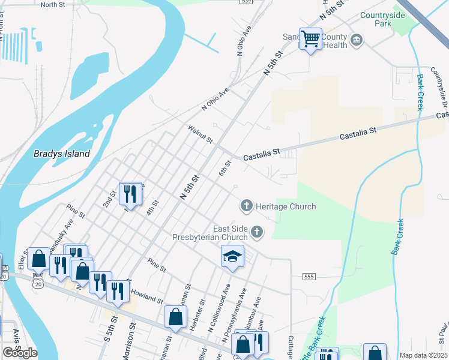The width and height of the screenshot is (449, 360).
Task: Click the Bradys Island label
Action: pos(62,154)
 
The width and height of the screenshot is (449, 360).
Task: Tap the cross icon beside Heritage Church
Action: pos(246,206)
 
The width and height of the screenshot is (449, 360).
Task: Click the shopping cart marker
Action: pos(310,39)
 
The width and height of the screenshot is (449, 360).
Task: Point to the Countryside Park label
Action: pos(384,20)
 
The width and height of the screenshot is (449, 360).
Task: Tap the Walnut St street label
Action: pos(200,134)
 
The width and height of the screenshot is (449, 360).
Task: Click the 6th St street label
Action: pos(225,168)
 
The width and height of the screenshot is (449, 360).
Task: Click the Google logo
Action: pos(20,352)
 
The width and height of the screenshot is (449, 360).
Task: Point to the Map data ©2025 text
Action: pos(423,355)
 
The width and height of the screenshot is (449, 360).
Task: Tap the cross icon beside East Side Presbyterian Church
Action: pos(257,232)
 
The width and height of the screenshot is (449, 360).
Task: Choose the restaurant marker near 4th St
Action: pos(130,193)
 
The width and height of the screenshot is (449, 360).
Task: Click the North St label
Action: pos(53,4)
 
